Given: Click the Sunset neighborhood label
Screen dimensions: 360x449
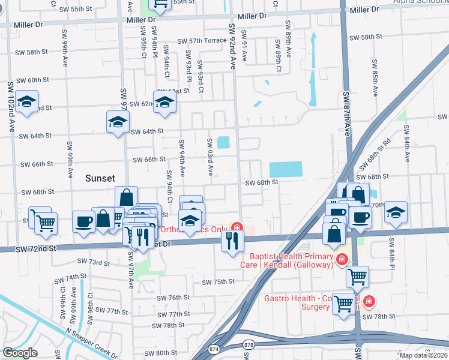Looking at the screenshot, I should pos(100,178).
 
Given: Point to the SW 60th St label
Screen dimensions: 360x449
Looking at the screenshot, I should pos(32,80).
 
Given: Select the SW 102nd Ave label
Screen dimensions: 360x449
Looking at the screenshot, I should pos(11,107).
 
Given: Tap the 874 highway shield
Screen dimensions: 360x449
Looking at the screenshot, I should pos(214,349).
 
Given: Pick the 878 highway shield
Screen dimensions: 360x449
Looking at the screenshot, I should pos(250,344).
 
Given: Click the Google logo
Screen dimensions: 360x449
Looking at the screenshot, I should pos(20,353).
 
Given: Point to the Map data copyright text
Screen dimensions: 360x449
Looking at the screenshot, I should pos(423,355).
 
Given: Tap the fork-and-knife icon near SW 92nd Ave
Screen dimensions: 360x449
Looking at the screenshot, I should pos(232,241).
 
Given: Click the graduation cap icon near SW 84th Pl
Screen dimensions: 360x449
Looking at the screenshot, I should pos(396,212).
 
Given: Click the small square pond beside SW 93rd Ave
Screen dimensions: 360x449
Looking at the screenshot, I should pos(223,143).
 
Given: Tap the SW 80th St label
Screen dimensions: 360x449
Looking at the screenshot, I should pos(170,353).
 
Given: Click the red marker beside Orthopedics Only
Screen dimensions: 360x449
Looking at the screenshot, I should pos(238,228).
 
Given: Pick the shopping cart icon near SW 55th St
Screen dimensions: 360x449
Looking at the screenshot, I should pos(160,5).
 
